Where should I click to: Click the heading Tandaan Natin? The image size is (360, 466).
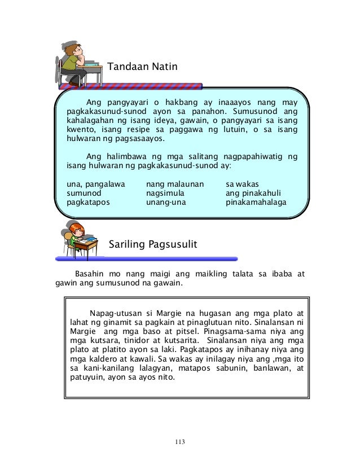click(142, 67)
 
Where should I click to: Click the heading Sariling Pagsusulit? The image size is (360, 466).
click(152, 245)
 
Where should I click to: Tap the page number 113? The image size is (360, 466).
click(180, 441)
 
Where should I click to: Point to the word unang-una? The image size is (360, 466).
click(165, 201)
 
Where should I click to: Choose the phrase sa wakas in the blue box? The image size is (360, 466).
click(242, 183)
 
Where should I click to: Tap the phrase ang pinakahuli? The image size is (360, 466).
click(253, 192)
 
